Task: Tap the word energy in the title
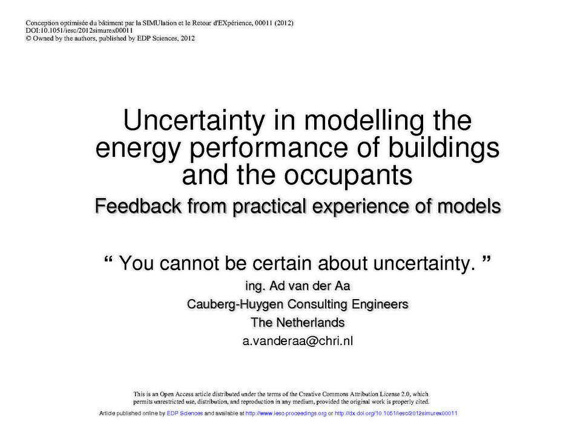[x=137, y=150]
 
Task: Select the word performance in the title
[x=269, y=149]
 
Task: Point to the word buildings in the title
[x=444, y=149]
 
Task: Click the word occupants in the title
[x=348, y=176]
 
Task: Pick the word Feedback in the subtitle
[x=138, y=206]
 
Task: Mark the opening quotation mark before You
[x=108, y=260]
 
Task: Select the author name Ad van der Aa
[x=309, y=286]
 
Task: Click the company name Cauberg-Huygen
[x=235, y=305]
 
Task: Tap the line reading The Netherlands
[x=298, y=323]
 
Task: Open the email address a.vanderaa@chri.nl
[x=298, y=341]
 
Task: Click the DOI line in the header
[x=79, y=30]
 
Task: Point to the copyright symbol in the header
[x=28, y=38]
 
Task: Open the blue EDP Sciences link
[x=185, y=414]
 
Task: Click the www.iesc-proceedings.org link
[x=286, y=414]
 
